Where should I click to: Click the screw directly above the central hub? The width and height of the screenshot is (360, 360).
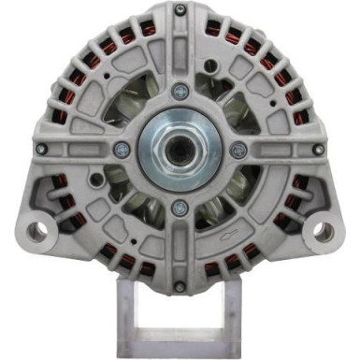click(x=180, y=92)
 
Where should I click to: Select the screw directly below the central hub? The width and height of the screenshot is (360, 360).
click(x=180, y=208)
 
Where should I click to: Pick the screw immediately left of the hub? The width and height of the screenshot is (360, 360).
click(x=122, y=149)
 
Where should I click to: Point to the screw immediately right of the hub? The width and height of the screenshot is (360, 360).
click(x=238, y=149)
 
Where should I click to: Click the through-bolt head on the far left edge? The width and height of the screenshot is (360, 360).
click(x=41, y=149)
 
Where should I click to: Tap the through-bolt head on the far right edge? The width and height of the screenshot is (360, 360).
click(x=318, y=149)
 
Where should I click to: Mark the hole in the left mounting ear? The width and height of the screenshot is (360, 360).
click(x=36, y=229)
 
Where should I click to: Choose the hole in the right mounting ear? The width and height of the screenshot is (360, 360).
click(x=324, y=229)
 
